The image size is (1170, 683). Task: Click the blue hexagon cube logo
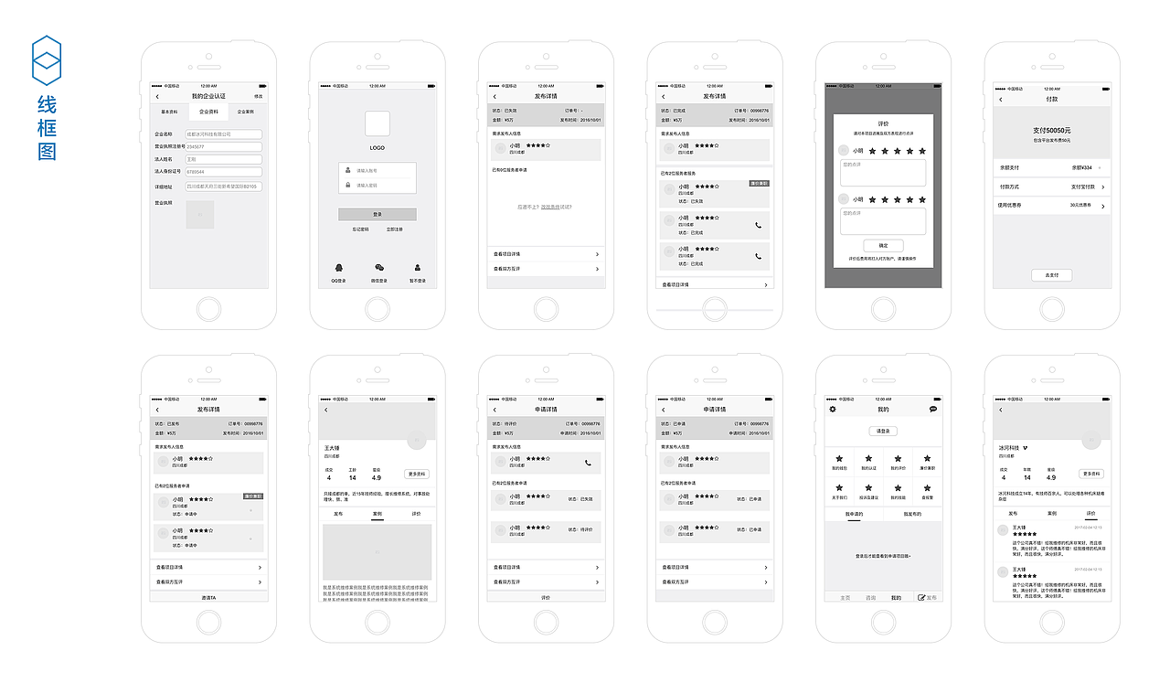click(x=47, y=61)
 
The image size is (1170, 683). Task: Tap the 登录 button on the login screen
click(x=377, y=214)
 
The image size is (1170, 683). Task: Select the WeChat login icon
click(x=379, y=268)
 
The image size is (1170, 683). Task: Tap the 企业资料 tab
click(x=208, y=112)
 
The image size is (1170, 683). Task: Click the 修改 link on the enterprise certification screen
click(x=258, y=96)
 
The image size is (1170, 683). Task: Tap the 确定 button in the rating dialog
click(x=883, y=246)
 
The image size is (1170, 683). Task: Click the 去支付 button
click(x=1051, y=275)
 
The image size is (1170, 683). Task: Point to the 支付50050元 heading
click(x=1051, y=131)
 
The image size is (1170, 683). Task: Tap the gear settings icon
click(x=833, y=409)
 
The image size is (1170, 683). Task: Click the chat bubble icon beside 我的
click(x=933, y=409)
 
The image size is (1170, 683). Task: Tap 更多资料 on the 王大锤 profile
click(x=416, y=475)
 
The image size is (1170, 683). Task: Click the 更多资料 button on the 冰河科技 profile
click(x=1091, y=474)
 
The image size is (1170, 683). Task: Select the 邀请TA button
click(x=208, y=597)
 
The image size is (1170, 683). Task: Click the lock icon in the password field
click(x=347, y=185)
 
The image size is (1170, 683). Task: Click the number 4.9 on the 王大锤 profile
click(x=377, y=478)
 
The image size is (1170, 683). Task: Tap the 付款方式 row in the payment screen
click(x=1051, y=187)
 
